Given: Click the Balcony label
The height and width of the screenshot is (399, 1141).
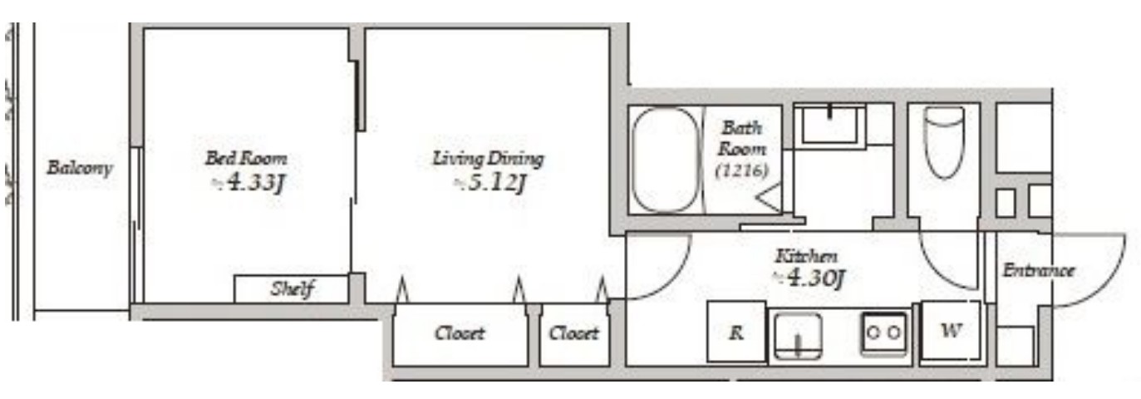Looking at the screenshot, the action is pos(80,168).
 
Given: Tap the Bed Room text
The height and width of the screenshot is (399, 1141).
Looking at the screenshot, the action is pos(246,158).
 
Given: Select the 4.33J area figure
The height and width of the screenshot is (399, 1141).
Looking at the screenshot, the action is pos(248,182).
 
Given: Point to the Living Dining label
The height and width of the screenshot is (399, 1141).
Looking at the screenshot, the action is pos(488,159).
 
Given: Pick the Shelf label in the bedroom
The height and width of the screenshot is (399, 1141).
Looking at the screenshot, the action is pos(293,289).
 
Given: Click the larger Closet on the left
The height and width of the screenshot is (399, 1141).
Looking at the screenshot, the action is pos(460,333).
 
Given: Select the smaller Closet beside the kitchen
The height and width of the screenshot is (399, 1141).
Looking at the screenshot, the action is pos(573,333).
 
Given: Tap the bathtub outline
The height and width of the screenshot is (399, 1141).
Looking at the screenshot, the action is pos(666,160).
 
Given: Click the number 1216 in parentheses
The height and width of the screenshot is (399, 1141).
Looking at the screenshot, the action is pos(741,170).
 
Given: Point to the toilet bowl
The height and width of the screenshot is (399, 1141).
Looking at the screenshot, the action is pos(944,142).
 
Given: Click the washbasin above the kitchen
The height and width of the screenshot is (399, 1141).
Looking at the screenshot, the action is pos(829,126).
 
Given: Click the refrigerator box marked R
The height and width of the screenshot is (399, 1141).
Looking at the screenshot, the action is pos(736,332).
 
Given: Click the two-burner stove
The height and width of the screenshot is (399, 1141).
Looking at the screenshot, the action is pos(883,332).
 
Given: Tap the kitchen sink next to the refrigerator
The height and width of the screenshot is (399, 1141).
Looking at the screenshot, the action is pos(798,336).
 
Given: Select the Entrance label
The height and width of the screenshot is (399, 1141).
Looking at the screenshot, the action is pos(1039,270).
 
